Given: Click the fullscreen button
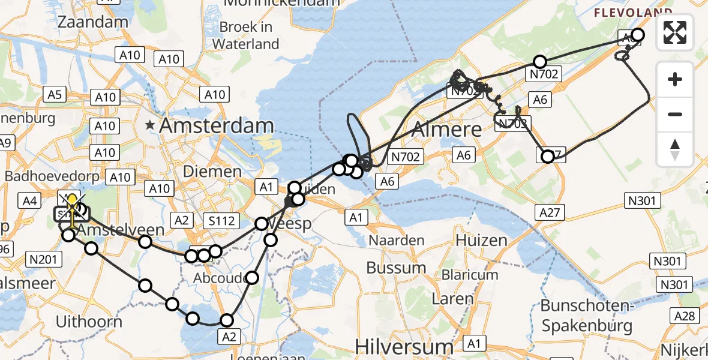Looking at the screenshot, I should pyautogui.click(x=675, y=32).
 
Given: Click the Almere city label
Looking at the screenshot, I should pyautogui.click(x=447, y=129).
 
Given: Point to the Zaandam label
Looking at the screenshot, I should pyautogui.click(x=93, y=22).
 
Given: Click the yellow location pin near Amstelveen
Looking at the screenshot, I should pyautogui.click(x=72, y=203).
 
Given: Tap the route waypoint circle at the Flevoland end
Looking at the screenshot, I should pyautogui.click(x=637, y=35).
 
